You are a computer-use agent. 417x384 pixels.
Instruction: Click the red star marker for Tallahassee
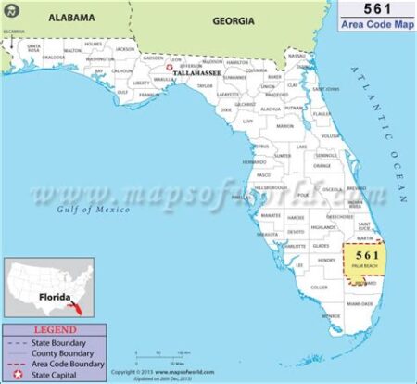point(169,67)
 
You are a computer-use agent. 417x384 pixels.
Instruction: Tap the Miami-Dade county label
point(360,302)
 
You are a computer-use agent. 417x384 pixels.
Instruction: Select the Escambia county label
point(13,32)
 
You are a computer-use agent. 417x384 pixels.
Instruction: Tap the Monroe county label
point(331,316)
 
